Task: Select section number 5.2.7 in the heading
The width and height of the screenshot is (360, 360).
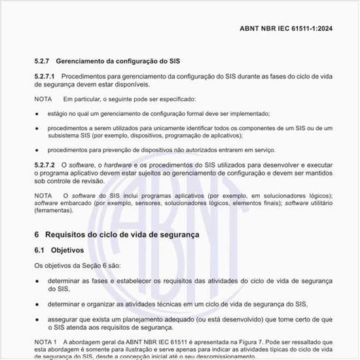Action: (44, 61)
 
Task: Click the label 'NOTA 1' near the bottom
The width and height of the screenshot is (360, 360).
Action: (46, 342)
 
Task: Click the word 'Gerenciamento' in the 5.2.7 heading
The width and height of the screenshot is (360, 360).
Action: (88, 61)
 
